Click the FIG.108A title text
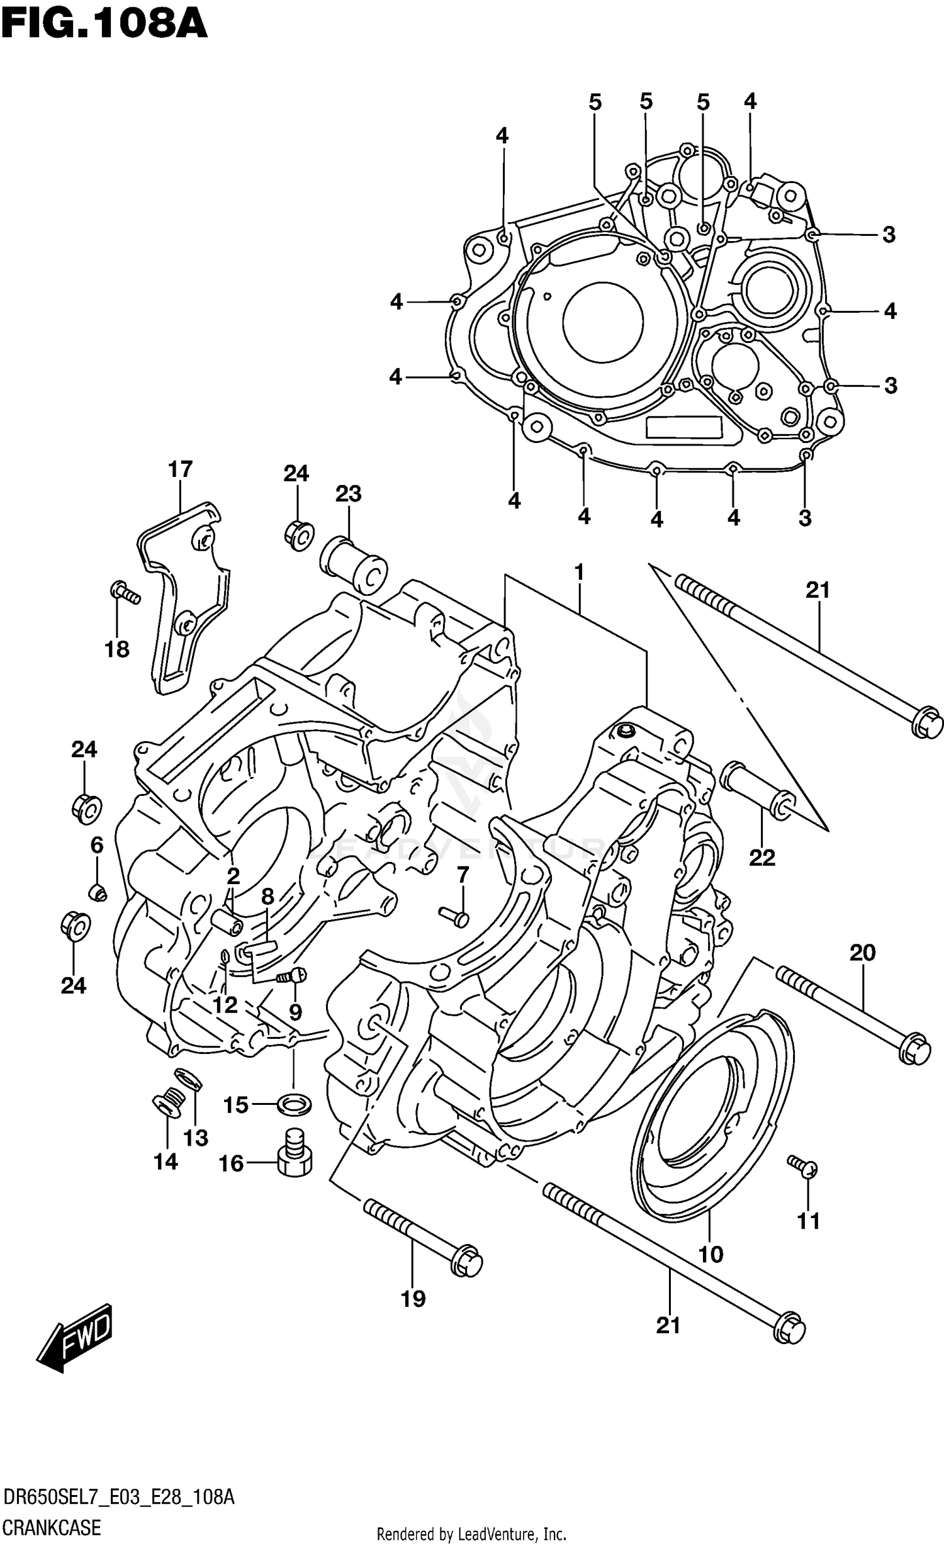point(104,25)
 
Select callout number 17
point(180,469)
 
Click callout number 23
point(348,493)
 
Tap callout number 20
point(862,953)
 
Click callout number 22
point(762,857)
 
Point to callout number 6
point(96,845)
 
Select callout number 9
point(295,1012)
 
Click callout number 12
point(224,1005)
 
